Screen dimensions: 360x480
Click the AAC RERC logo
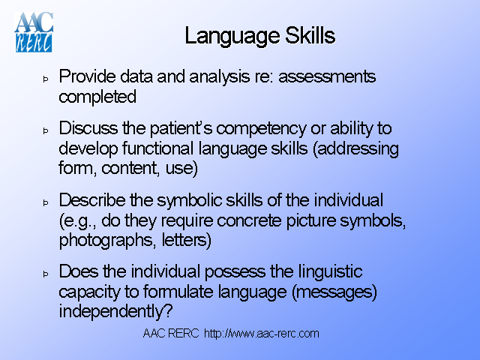[x=33, y=31]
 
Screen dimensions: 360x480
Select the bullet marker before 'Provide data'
[x=45, y=78]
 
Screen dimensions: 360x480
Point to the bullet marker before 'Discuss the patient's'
[x=45, y=130]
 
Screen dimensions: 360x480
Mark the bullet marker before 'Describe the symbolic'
[x=45, y=202]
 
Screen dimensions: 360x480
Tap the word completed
[x=97, y=97]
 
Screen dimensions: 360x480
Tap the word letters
[x=189, y=241]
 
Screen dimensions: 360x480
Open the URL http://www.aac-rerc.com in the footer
[x=262, y=334]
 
